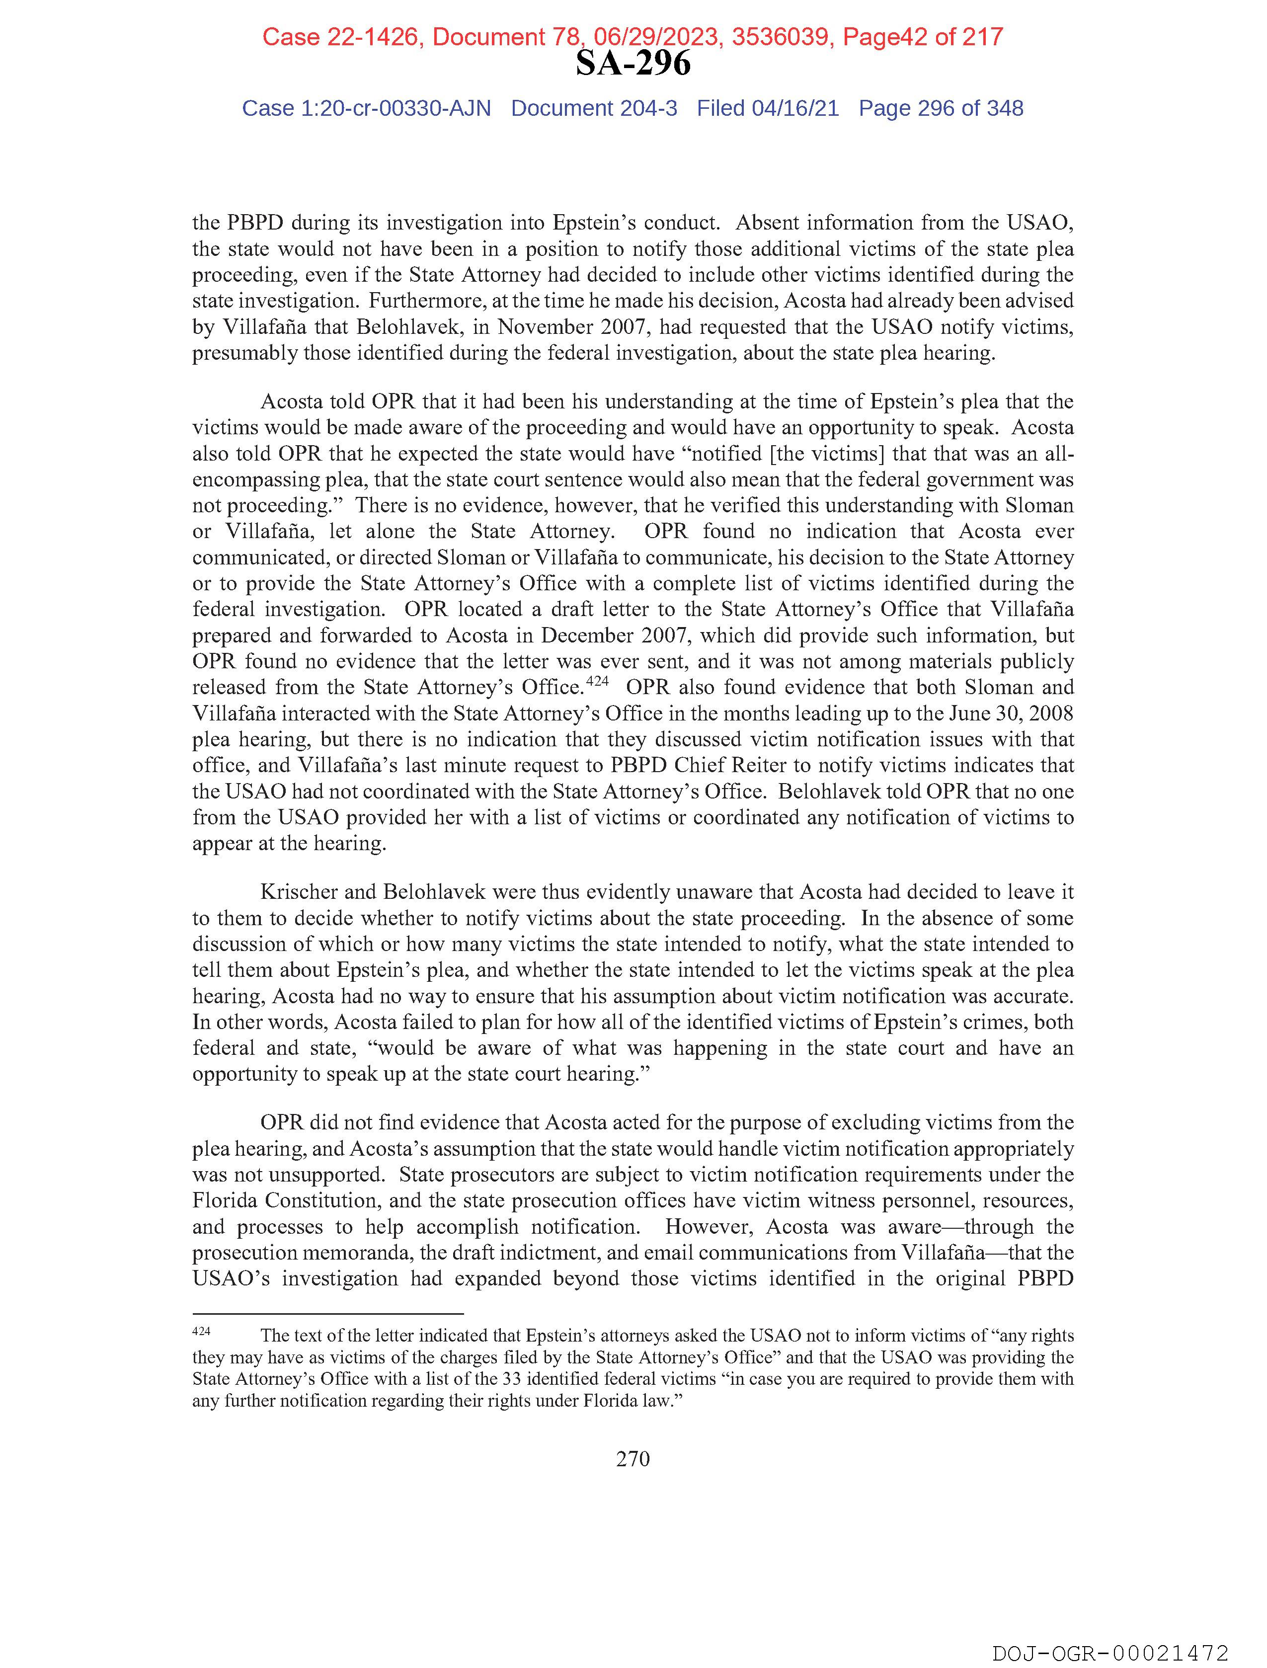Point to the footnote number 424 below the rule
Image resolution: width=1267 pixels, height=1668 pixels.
tap(201, 1332)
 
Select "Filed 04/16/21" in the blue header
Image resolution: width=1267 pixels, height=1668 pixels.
tap(768, 109)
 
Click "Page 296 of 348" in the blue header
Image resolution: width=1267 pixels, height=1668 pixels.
tap(941, 109)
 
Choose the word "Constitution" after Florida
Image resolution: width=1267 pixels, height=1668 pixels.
tap(317, 1200)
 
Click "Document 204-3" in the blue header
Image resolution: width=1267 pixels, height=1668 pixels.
tap(594, 109)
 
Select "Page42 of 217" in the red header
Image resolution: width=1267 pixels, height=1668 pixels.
tap(923, 36)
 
